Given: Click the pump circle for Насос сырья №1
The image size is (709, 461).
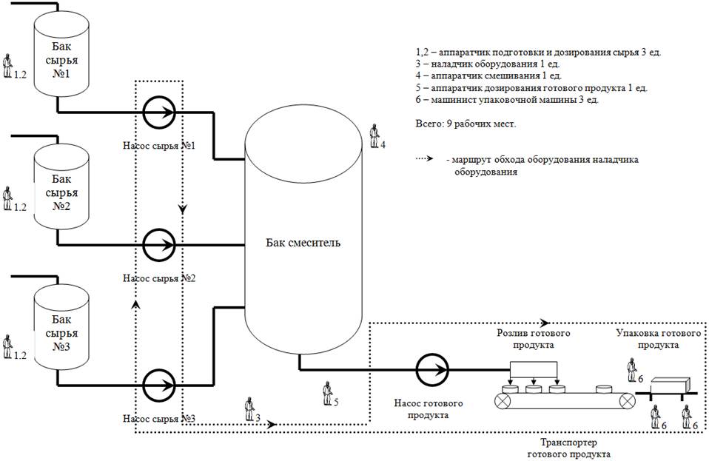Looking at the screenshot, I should pos(159,112).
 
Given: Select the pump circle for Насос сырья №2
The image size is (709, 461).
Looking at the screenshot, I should pos(159,244).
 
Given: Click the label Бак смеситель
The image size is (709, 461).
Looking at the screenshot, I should pos(304,242).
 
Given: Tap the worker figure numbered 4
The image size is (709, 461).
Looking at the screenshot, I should pos(374,137).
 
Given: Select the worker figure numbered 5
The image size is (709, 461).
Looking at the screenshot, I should pos(327,393).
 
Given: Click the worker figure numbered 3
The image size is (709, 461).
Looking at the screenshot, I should pos(249,408).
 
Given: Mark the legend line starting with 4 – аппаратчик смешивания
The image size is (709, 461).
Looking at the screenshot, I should pos(488,75).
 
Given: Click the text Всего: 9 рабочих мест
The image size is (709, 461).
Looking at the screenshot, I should pos(466,124).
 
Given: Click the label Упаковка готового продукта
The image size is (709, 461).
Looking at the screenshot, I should pos(659,340).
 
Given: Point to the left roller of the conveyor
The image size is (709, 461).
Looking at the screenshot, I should pos(505,400).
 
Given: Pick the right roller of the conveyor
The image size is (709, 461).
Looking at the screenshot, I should pos(627,400).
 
